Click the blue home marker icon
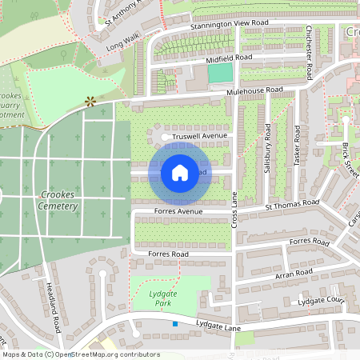(179, 172)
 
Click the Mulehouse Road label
(255, 90)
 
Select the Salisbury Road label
(268, 148)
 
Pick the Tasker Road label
(296, 145)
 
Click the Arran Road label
(293, 274)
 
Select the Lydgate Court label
(320, 300)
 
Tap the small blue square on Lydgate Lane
(175, 323)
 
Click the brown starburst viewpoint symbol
(90, 101)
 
